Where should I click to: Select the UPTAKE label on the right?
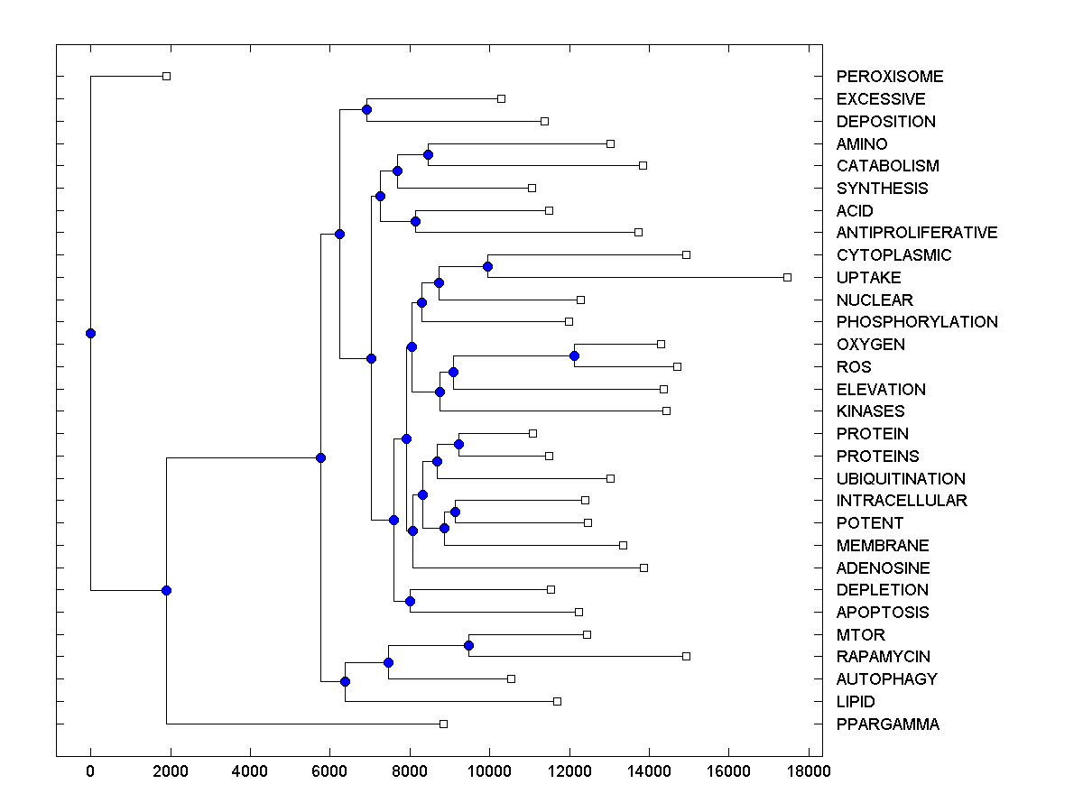coord(868,278)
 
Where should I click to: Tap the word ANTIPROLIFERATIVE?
coord(917,233)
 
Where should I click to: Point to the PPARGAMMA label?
coord(888,724)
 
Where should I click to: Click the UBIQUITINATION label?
coord(901,479)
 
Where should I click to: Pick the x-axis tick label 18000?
coord(807,770)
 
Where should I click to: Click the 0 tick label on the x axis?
coord(90,770)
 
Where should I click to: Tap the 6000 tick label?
coord(329,770)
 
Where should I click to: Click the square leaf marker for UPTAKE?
coord(787,277)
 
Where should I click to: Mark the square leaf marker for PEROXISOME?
coord(166,76)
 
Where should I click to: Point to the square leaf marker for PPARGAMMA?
coord(443,724)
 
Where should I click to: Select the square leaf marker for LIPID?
coord(557,701)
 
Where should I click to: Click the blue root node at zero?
coord(90,333)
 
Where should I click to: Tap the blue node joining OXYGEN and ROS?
coord(574,355)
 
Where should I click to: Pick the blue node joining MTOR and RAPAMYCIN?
coord(468,645)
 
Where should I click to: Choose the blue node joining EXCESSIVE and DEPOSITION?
coord(366,109)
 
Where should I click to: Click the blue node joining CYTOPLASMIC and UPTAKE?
coord(487,266)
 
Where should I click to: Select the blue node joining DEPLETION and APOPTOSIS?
coord(410,601)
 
